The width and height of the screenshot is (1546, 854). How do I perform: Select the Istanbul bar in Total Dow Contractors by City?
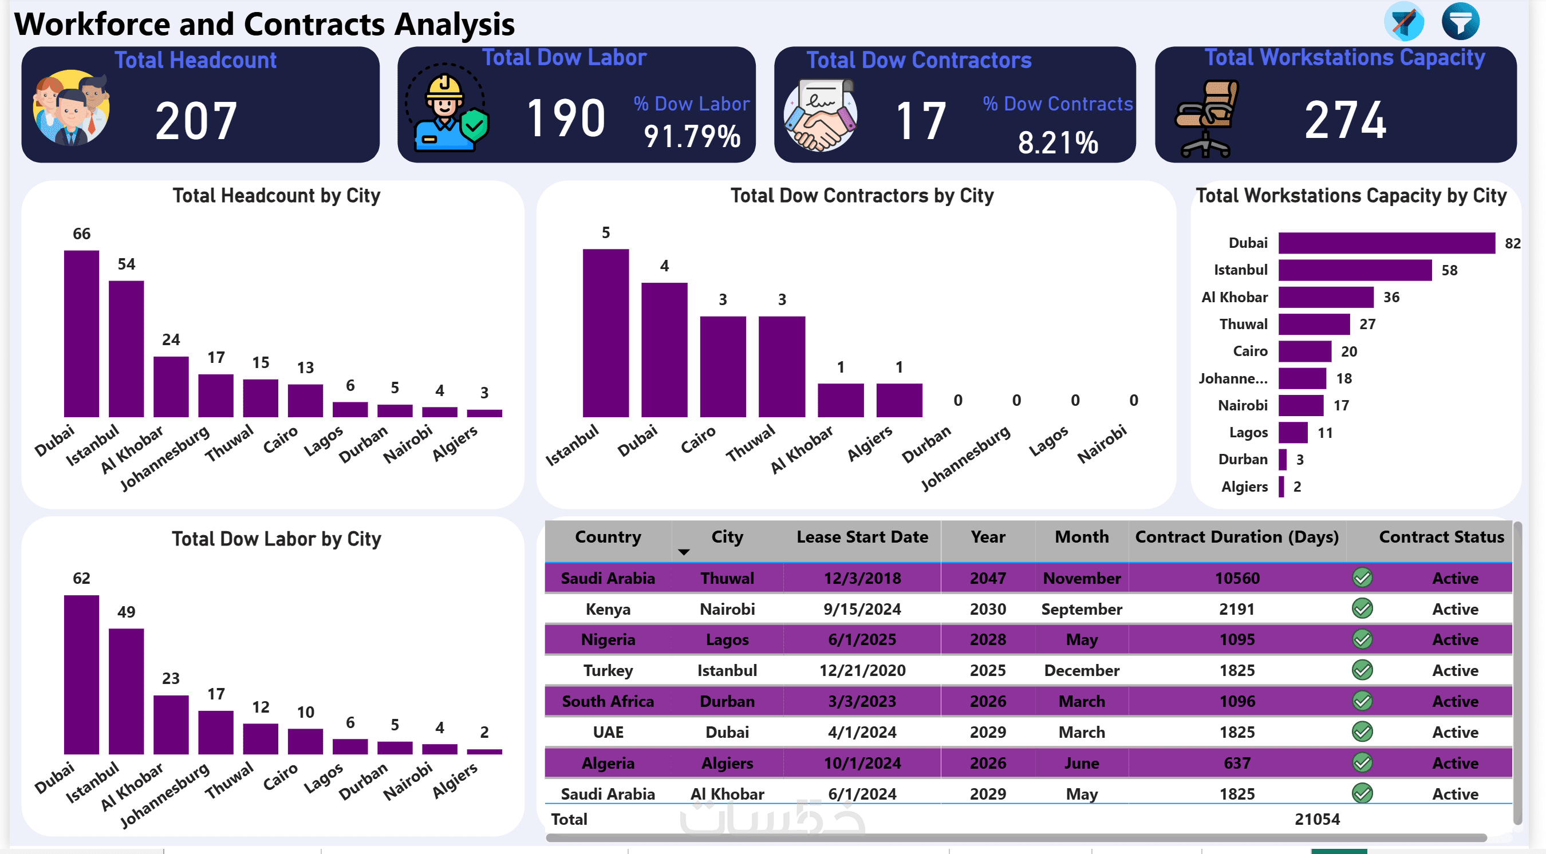(x=606, y=333)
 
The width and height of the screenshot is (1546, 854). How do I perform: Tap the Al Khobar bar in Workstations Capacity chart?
(x=1325, y=297)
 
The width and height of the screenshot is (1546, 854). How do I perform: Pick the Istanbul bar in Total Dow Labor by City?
(x=126, y=691)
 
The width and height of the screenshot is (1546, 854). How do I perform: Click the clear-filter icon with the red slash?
(x=1403, y=22)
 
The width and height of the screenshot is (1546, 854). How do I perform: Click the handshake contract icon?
(x=820, y=116)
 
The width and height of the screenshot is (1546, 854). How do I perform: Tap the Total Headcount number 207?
(x=196, y=121)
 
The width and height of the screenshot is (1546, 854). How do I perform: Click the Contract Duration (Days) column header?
(x=1236, y=536)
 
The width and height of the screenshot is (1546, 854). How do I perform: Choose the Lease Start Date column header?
(x=862, y=536)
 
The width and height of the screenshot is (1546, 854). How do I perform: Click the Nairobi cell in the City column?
(x=727, y=609)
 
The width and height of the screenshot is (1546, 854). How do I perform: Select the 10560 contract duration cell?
(x=1237, y=578)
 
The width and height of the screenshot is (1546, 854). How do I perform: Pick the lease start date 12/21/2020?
(x=862, y=670)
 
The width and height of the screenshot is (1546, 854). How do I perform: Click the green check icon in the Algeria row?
(x=1362, y=763)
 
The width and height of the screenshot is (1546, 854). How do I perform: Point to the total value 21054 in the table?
(x=1317, y=819)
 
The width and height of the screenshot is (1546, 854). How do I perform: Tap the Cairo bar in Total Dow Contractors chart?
(x=723, y=367)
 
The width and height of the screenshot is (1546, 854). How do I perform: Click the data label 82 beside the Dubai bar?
(x=1512, y=243)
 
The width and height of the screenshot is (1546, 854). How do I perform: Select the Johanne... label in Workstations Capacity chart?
(x=1233, y=379)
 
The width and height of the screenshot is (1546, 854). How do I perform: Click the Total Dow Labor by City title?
(x=276, y=539)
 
